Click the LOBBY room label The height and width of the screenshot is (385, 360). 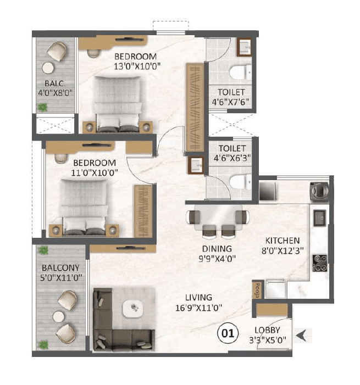(x=267, y=330)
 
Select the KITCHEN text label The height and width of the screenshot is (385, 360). (x=283, y=241)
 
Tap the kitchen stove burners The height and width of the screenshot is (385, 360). (x=320, y=263)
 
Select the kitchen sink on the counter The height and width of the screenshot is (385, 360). (x=320, y=218)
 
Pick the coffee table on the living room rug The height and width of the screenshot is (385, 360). (x=132, y=308)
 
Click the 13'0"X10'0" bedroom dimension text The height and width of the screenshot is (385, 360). (x=135, y=66)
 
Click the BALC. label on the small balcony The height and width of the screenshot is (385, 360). (x=54, y=83)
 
